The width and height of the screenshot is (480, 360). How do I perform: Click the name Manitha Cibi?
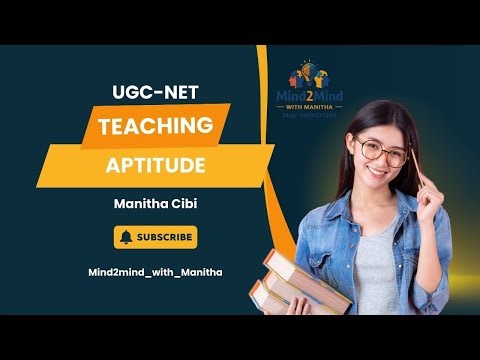tap(156, 206)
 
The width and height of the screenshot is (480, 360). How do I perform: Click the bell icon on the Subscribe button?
tap(127, 237)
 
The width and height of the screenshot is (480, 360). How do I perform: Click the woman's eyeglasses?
tap(384, 150)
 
